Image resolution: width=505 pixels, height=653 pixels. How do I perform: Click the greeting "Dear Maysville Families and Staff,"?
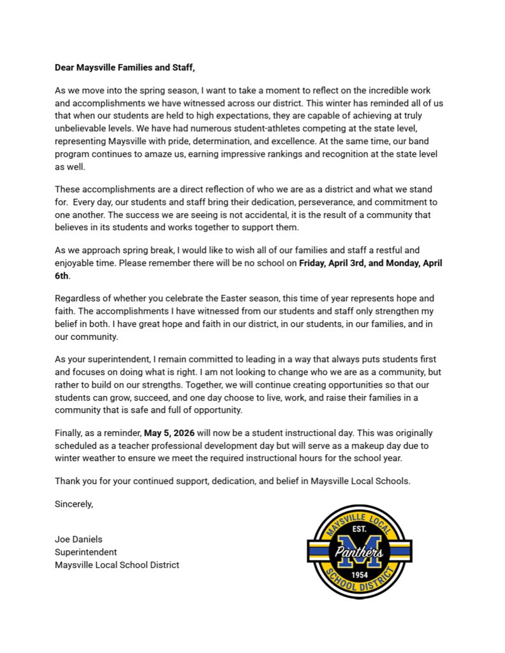click(x=124, y=67)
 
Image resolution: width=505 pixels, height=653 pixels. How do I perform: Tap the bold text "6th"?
click(x=62, y=275)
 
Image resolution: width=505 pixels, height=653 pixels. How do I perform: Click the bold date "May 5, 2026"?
click(x=170, y=433)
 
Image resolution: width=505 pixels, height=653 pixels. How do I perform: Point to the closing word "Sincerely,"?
click(x=74, y=504)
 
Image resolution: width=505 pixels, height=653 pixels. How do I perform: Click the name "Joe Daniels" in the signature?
click(x=78, y=539)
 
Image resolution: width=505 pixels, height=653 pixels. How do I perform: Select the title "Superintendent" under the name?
click(x=86, y=552)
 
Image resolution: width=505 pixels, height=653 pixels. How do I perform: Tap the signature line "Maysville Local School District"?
click(x=117, y=565)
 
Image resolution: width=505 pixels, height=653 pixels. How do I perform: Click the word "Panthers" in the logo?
click(x=360, y=552)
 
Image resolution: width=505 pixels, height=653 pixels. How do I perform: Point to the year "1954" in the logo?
click(x=360, y=574)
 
